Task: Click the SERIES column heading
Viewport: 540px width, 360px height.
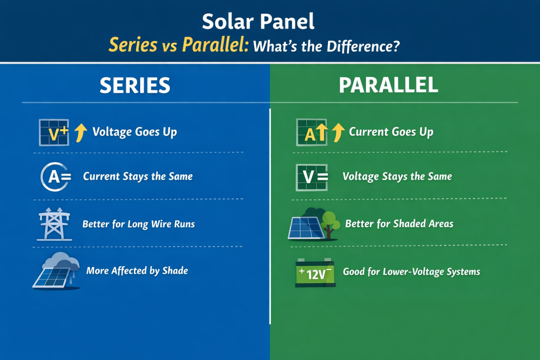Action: click(x=135, y=86)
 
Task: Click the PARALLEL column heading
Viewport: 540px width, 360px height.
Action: click(x=388, y=86)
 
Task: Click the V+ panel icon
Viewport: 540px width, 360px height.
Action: click(x=54, y=132)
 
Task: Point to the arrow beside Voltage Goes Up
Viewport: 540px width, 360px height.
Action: click(x=80, y=133)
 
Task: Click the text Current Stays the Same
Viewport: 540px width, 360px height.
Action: click(x=138, y=177)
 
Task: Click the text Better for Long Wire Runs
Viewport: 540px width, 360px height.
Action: click(x=139, y=224)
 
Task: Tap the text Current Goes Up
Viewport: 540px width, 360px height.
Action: click(x=391, y=132)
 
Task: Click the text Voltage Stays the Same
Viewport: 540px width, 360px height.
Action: click(x=397, y=177)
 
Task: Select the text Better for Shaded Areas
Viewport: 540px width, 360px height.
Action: click(x=399, y=224)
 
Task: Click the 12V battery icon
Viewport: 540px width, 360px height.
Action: click(x=315, y=273)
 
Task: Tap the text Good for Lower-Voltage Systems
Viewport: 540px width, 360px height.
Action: click(x=411, y=272)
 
